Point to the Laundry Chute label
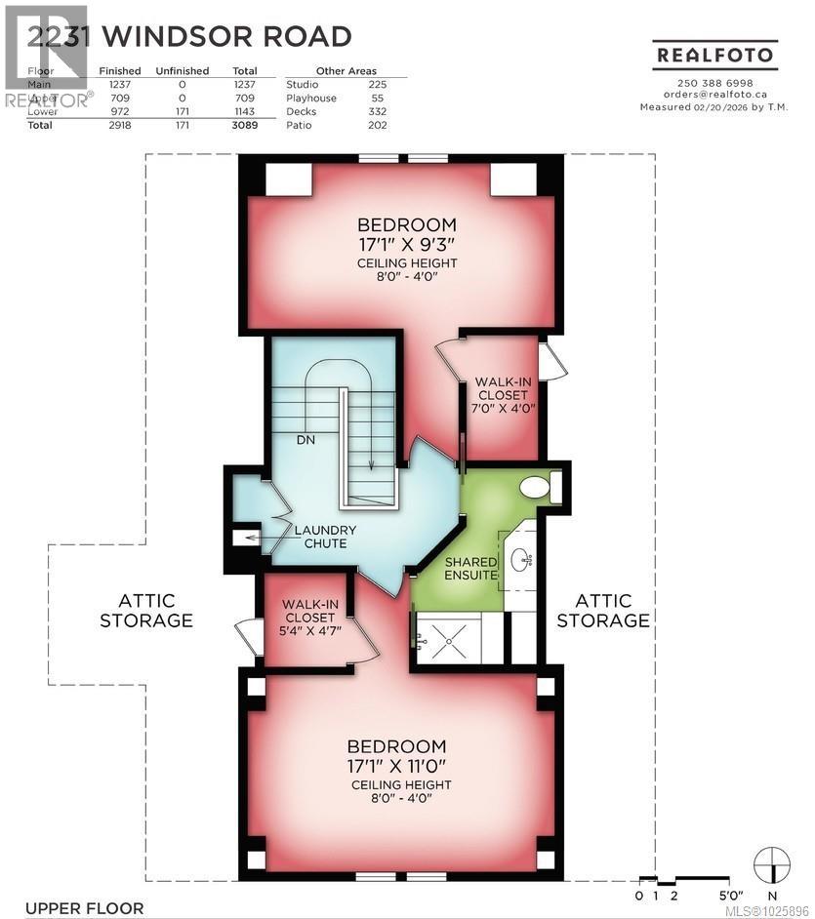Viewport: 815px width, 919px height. (x=325, y=537)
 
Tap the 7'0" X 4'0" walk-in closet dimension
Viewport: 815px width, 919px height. (x=502, y=409)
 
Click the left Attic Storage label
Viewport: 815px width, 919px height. (x=145, y=611)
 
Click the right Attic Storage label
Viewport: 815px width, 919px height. (x=604, y=611)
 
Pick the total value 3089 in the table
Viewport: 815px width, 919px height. (x=244, y=126)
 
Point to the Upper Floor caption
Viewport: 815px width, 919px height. (x=84, y=908)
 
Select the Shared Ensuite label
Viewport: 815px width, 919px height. (x=471, y=569)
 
